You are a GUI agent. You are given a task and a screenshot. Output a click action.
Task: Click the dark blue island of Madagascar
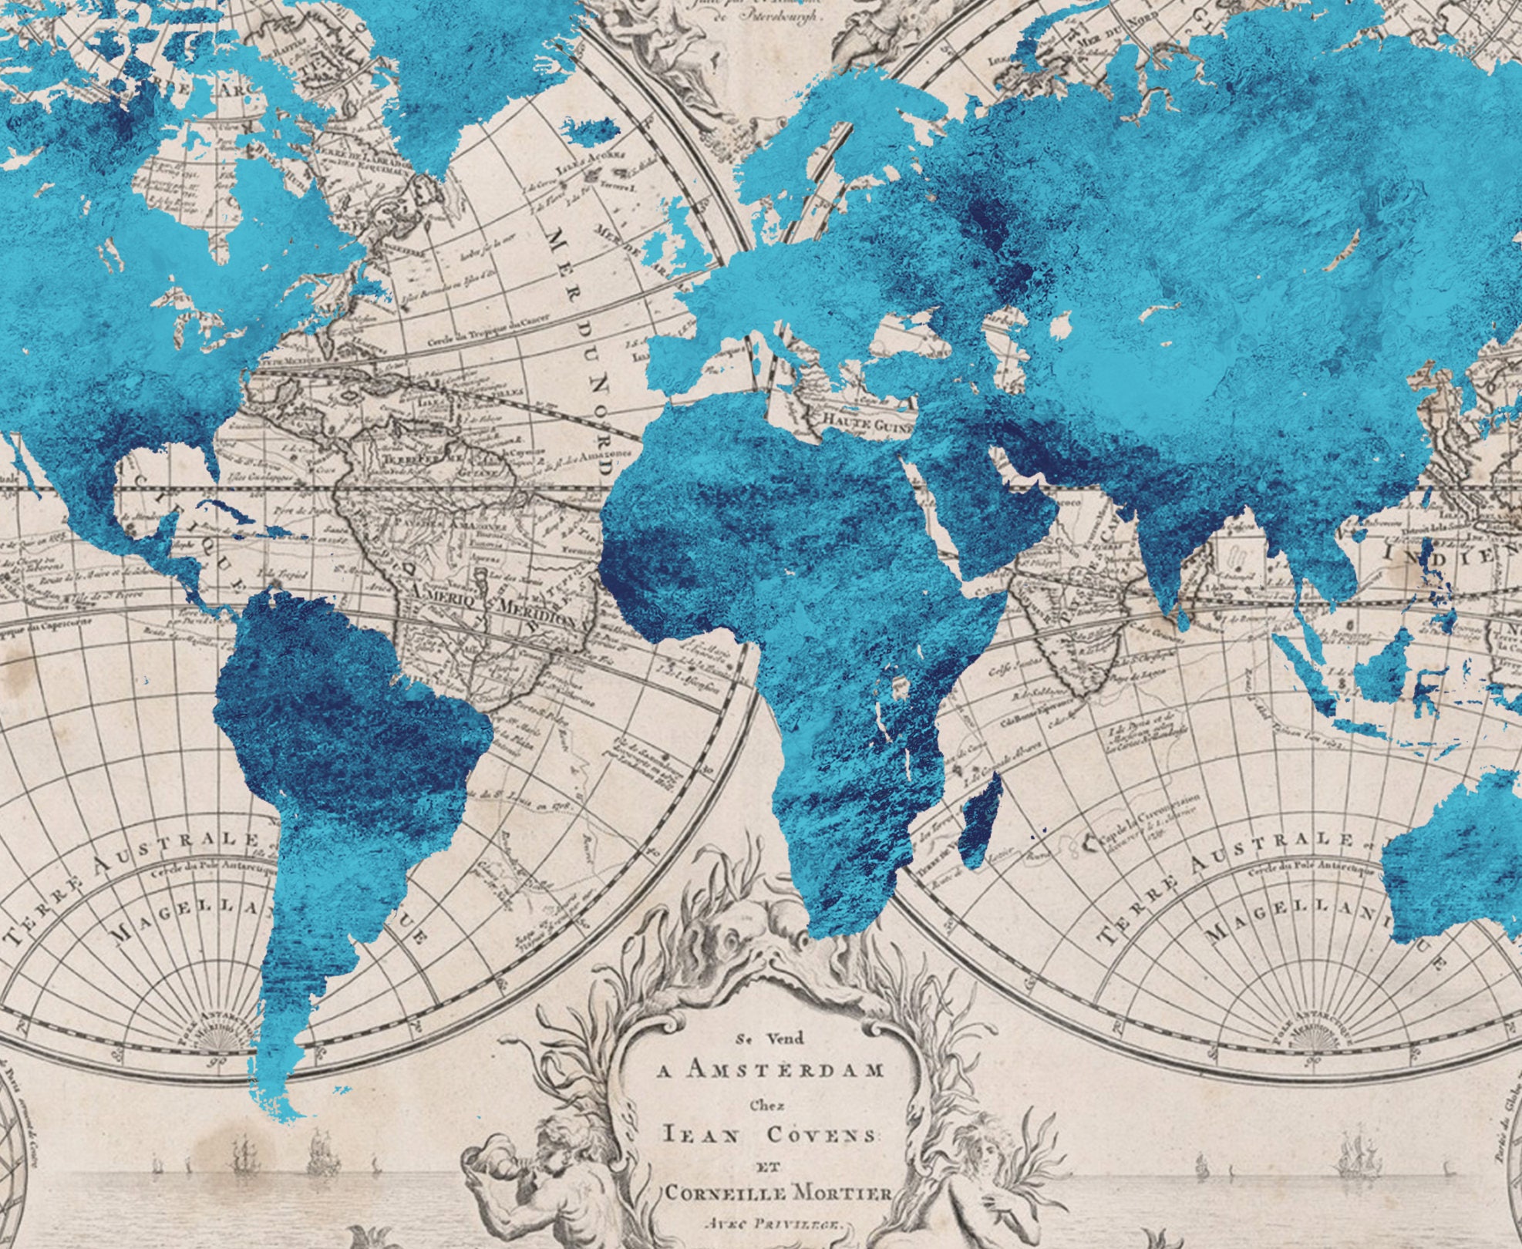point(981,817)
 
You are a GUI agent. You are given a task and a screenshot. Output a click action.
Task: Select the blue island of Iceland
point(590,132)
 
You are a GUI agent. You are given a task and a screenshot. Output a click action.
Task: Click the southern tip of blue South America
point(289,1110)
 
